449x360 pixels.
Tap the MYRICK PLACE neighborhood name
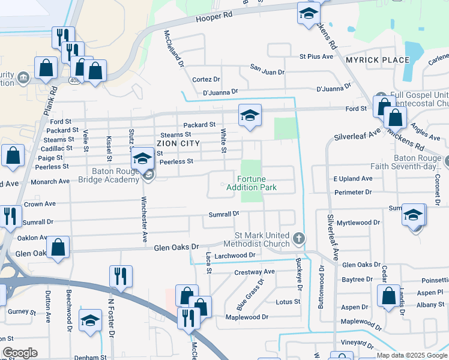pos(377,60)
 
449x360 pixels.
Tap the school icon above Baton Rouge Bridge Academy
pos(142,158)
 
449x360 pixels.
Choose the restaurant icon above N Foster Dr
pos(121,276)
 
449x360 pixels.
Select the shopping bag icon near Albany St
pos(388,295)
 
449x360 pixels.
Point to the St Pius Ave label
pos(316,56)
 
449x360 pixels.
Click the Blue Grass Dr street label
pos(250,290)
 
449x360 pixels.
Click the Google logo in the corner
pos(20,353)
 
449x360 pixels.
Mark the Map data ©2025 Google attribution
pos(411,355)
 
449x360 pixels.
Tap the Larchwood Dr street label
pos(235,256)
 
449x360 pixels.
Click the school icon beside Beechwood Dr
pos(91,321)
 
